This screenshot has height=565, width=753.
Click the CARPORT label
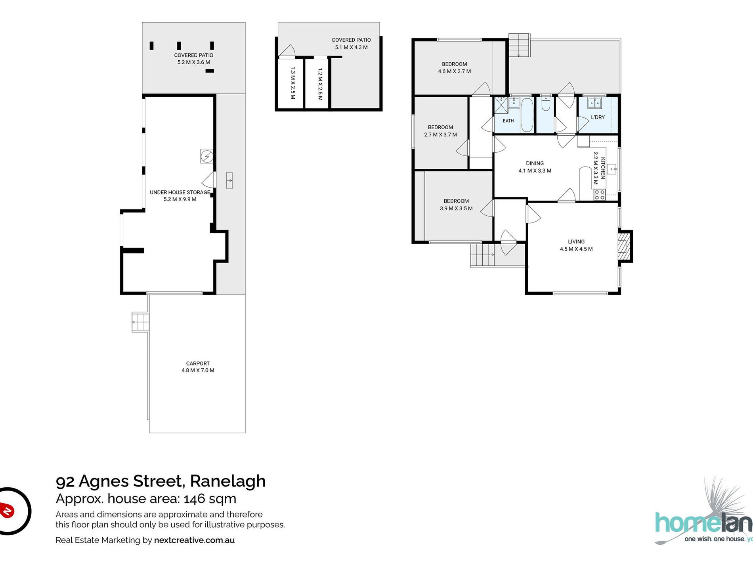pyautogui.click(x=198, y=363)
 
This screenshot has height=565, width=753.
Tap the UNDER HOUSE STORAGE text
pyautogui.click(x=180, y=192)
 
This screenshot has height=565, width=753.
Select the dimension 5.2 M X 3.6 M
pyautogui.click(x=194, y=62)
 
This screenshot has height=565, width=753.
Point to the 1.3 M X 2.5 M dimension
pyautogui.click(x=293, y=83)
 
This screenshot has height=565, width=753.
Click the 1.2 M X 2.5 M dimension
pyautogui.click(x=320, y=84)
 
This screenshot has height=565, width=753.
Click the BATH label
pyautogui.click(x=508, y=121)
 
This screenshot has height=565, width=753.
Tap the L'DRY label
pyautogui.click(x=598, y=117)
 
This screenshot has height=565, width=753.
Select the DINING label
pyautogui.click(x=535, y=163)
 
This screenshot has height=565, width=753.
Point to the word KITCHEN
pyautogui.click(x=603, y=168)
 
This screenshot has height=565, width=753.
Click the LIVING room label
pyautogui.click(x=576, y=241)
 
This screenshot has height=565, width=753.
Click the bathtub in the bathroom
pyautogui.click(x=527, y=115)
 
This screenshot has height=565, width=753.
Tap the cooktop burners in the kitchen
pyautogui.click(x=599, y=194)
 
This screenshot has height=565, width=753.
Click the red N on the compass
pyautogui.click(x=7, y=510)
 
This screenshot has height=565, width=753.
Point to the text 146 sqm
pyautogui.click(x=210, y=498)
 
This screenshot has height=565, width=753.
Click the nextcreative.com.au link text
pyautogui.click(x=194, y=540)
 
